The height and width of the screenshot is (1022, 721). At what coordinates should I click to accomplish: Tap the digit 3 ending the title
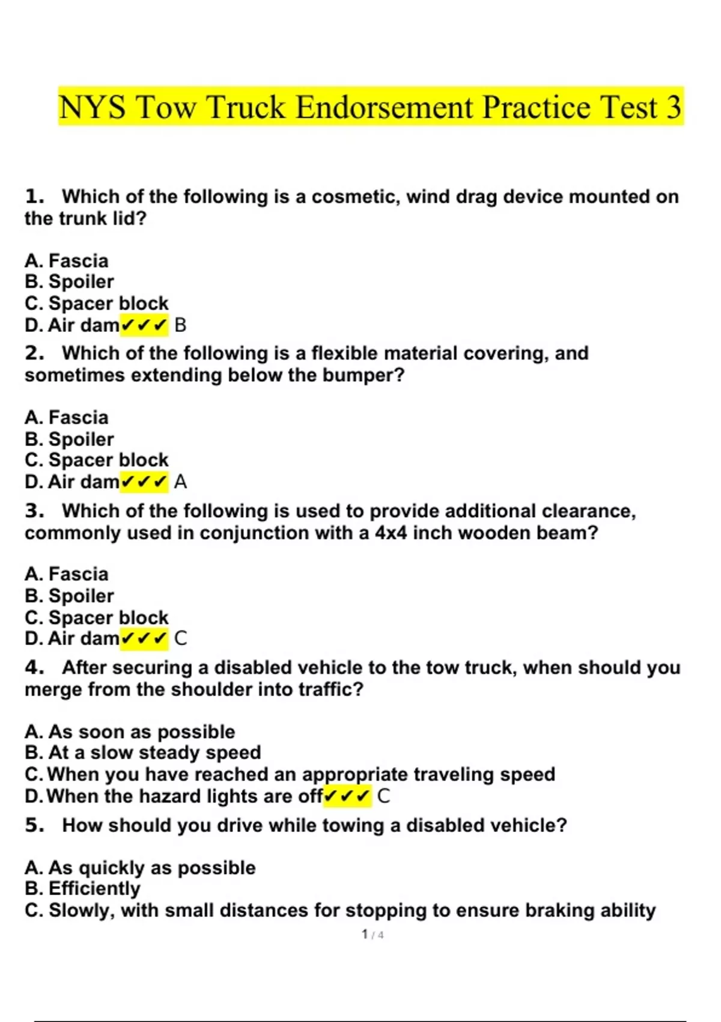click(x=674, y=107)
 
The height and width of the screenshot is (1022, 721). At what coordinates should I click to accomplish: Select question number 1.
click(x=34, y=197)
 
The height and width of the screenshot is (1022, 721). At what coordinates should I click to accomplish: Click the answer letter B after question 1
click(x=180, y=325)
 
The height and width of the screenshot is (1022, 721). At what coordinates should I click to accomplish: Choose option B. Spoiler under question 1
click(x=69, y=281)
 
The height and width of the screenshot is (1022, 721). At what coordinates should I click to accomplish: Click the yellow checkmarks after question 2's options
click(x=144, y=482)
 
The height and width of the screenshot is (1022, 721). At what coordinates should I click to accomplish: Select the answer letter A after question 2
click(x=180, y=482)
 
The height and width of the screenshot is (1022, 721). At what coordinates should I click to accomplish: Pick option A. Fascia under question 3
click(x=67, y=574)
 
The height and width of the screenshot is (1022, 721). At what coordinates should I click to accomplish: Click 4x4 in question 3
click(x=391, y=533)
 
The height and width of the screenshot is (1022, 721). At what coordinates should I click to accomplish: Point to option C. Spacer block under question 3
click(x=97, y=617)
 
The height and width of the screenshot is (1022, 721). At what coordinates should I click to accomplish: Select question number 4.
click(x=34, y=667)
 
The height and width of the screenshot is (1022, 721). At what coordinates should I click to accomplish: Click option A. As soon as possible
click(x=130, y=732)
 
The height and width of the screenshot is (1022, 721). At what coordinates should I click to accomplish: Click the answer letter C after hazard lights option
click(x=383, y=797)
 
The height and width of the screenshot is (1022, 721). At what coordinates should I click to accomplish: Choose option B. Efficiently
click(x=82, y=889)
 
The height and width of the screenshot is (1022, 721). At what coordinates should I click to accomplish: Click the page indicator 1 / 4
click(x=373, y=934)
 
